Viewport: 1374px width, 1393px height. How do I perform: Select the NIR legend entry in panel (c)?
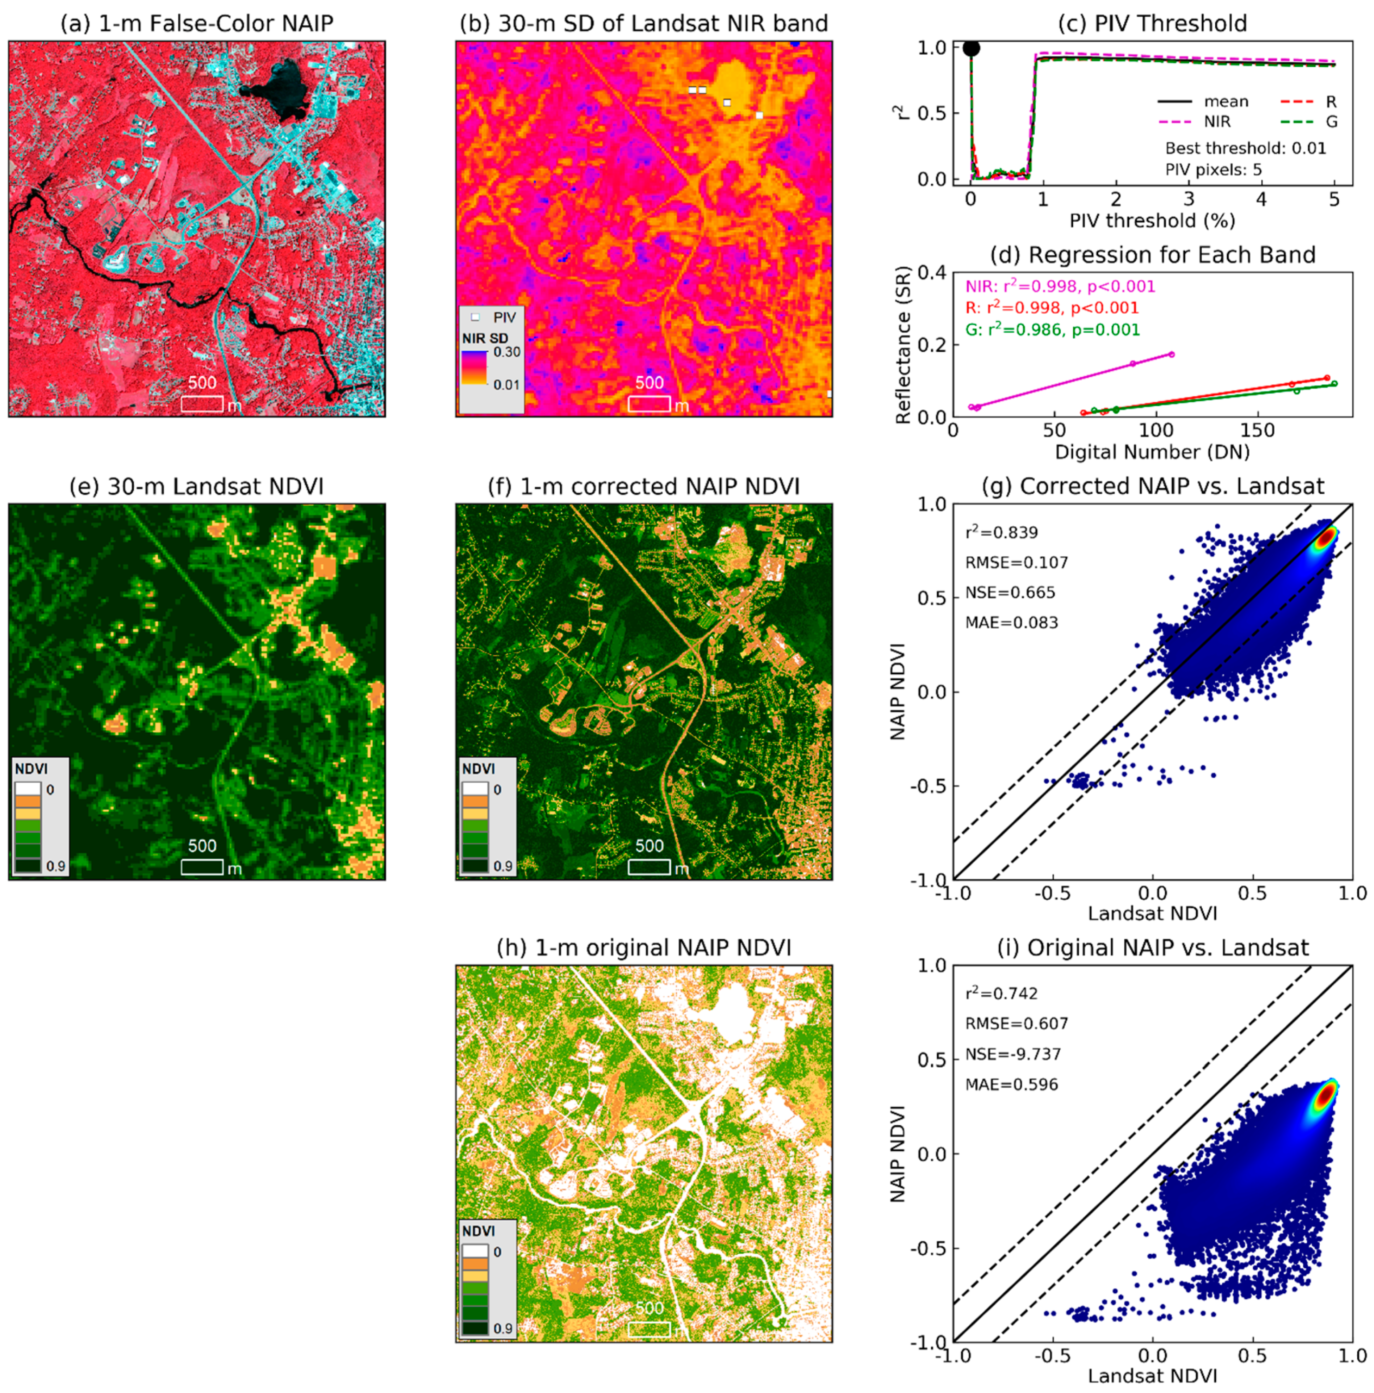1217,122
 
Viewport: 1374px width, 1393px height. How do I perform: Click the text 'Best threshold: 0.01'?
1245,148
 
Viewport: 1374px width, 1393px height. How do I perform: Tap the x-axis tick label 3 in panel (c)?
1189,199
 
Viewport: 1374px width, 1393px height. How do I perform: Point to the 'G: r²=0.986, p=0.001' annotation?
1052,330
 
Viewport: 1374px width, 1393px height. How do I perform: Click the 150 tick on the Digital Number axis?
1258,431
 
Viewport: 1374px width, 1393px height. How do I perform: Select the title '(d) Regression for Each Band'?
1152,255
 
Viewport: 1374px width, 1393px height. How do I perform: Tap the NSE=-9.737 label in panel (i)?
1013,1054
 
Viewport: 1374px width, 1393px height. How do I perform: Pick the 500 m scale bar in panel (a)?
202,403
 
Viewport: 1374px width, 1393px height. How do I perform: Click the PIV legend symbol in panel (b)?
475,317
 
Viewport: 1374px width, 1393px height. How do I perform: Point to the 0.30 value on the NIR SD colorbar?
506,352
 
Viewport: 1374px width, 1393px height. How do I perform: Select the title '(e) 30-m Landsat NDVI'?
196,487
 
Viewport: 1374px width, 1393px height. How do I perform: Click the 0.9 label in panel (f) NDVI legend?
503,866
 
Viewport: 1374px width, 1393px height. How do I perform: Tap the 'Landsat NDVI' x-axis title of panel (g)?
1152,914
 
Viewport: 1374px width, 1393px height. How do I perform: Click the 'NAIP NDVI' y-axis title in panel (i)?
897,1154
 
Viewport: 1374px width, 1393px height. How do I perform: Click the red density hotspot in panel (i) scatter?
1324,1096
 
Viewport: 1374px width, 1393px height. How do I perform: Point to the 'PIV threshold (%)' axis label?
1152,220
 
